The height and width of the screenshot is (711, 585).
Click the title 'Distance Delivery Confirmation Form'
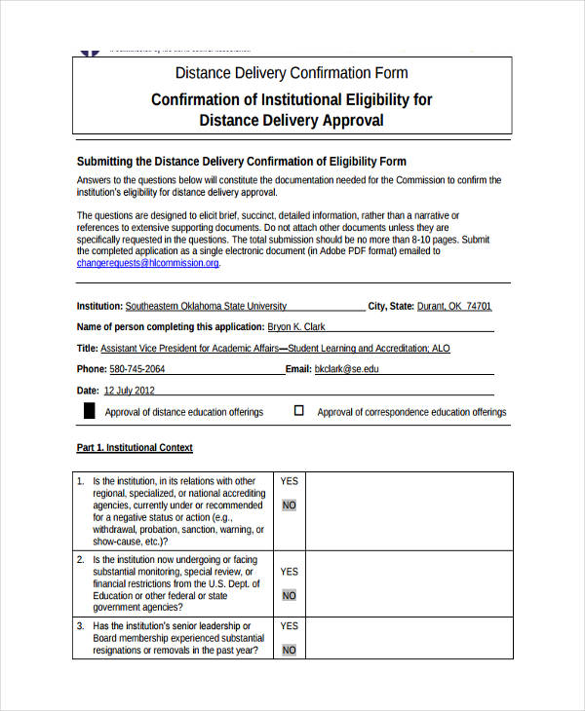pyautogui.click(x=292, y=73)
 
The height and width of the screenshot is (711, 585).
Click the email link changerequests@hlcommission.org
pyautogui.click(x=148, y=263)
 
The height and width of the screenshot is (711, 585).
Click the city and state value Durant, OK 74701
pyautogui.click(x=454, y=306)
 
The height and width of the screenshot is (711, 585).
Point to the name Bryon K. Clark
pyautogui.click(x=296, y=327)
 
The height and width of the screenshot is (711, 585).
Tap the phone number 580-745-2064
pyautogui.click(x=137, y=369)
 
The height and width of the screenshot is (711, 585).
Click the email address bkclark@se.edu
pyautogui.click(x=346, y=369)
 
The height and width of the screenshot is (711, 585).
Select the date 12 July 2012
pyautogui.click(x=130, y=391)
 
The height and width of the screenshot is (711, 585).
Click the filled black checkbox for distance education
pyautogui.click(x=89, y=411)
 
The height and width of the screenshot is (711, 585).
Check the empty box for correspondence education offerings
pyautogui.click(x=299, y=411)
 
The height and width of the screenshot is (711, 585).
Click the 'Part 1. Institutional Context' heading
pyautogui.click(x=135, y=448)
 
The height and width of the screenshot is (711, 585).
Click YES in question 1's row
pyautogui.click(x=290, y=481)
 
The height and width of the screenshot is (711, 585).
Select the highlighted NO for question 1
pyautogui.click(x=290, y=505)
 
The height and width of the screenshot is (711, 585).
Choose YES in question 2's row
pyautogui.click(x=290, y=572)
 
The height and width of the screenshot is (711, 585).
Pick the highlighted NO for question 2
pyautogui.click(x=290, y=595)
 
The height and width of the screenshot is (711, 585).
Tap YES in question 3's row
pyautogui.click(x=290, y=626)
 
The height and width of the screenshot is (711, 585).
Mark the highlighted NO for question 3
pyautogui.click(x=290, y=650)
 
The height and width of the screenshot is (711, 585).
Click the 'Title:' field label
pyautogui.click(x=88, y=349)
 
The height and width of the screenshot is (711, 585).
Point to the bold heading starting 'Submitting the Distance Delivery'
pyautogui.click(x=241, y=162)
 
